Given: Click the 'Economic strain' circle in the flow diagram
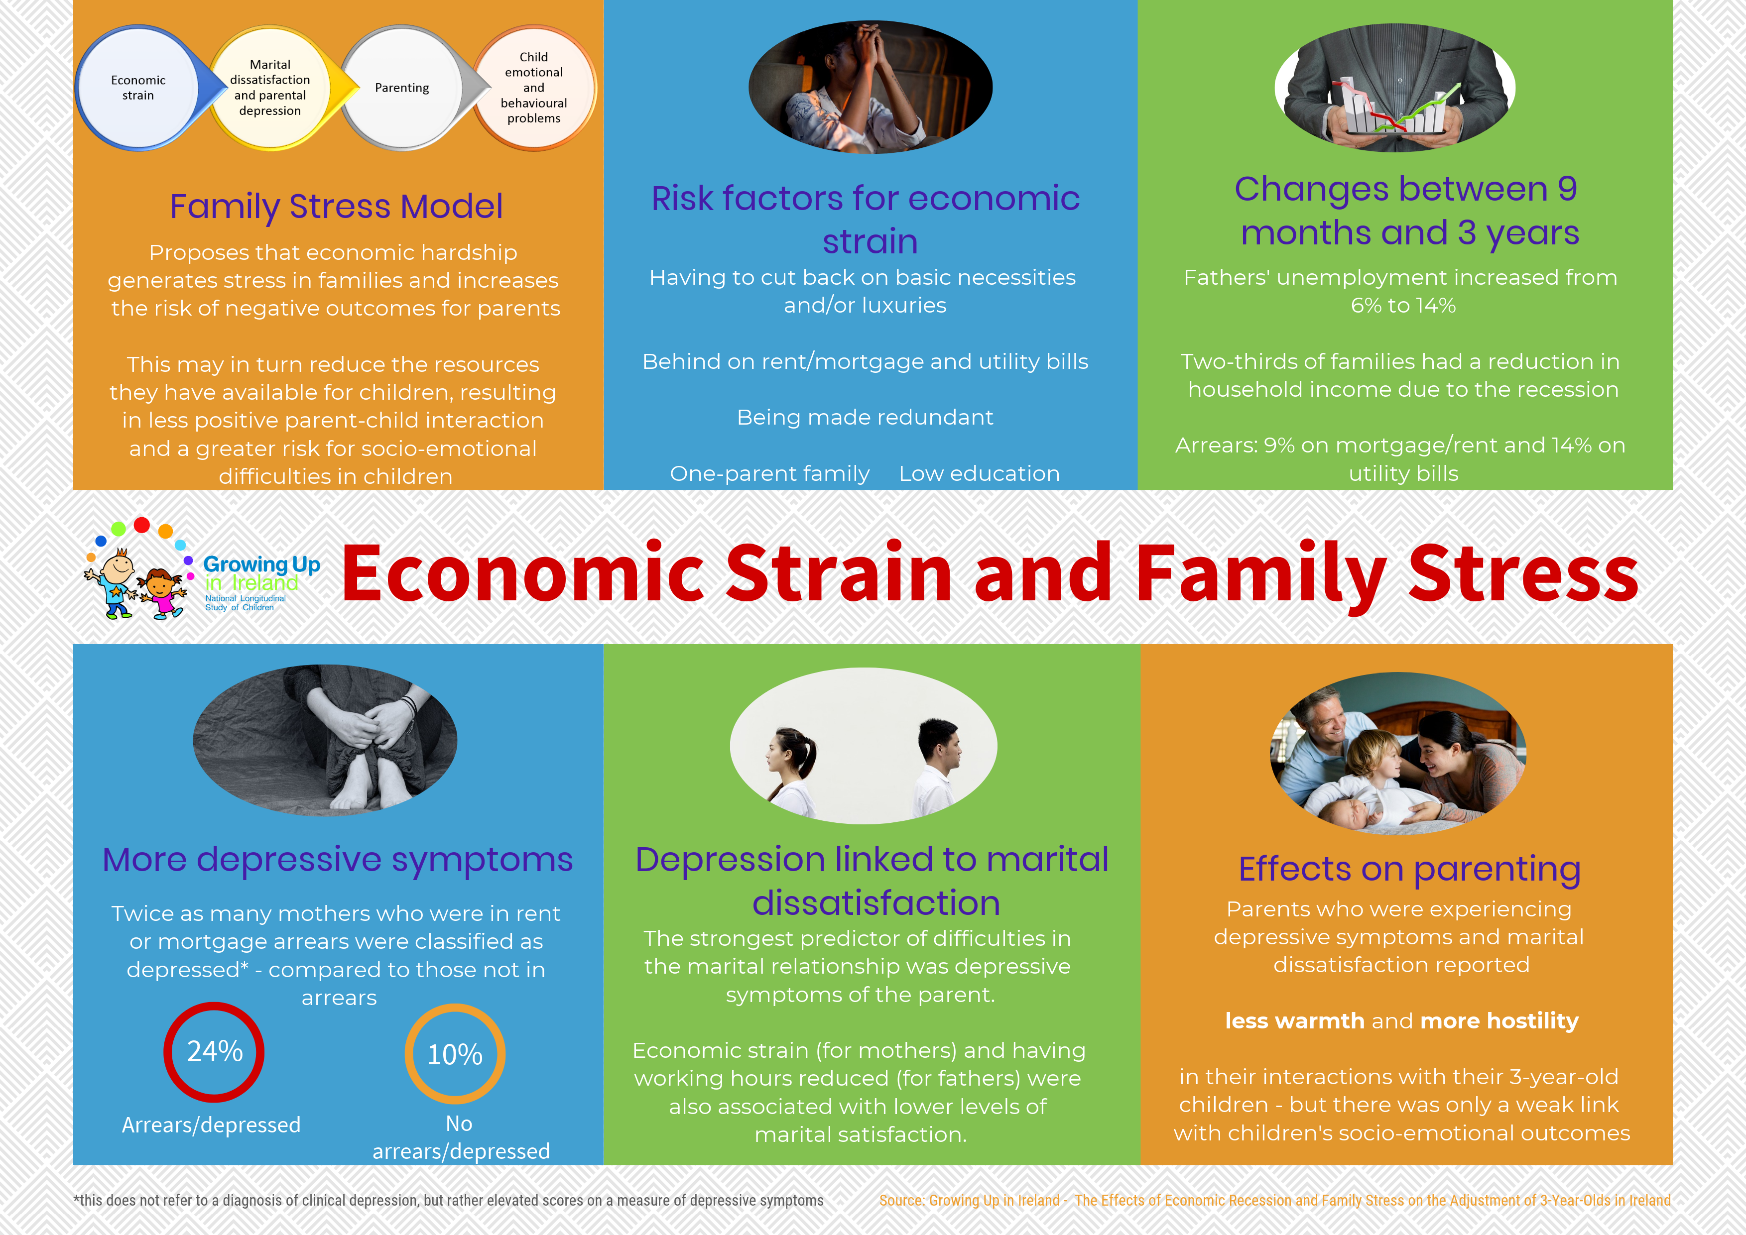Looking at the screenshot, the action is [x=138, y=88].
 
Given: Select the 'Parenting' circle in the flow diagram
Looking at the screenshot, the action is [x=402, y=88].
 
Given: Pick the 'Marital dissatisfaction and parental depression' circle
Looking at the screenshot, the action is [x=270, y=88].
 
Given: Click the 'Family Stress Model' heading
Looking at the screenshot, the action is [x=336, y=206].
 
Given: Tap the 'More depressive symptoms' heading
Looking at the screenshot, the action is [x=337, y=860].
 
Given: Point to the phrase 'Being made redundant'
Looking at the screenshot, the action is [x=865, y=418].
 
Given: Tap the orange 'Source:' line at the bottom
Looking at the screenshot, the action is [x=1275, y=1200].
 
